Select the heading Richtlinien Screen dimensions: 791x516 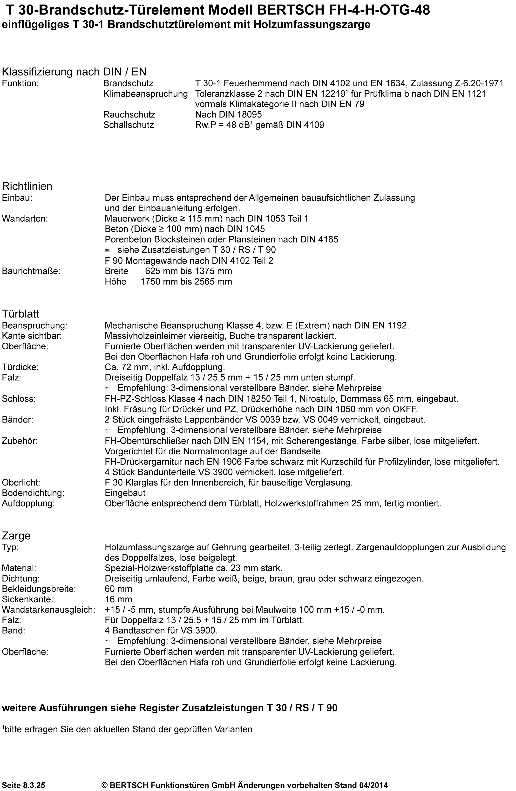point(27,186)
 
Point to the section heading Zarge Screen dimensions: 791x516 point(16,535)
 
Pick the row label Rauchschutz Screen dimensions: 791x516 point(129,115)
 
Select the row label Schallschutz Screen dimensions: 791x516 point(129,125)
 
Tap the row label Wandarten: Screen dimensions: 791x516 point(25,219)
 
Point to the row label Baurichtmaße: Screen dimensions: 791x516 point(31,271)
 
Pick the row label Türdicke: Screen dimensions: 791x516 point(20,367)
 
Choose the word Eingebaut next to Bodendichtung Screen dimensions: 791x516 point(125,493)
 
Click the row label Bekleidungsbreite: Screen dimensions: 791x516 point(39,589)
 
